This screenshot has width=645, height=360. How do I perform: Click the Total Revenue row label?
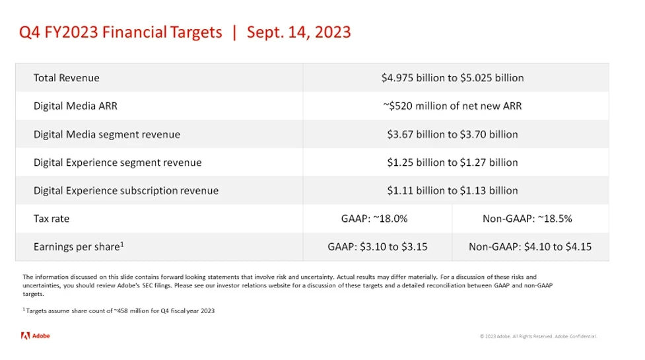(x=67, y=78)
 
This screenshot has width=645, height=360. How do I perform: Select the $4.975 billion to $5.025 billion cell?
(x=452, y=78)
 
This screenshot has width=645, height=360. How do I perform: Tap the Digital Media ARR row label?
(x=75, y=106)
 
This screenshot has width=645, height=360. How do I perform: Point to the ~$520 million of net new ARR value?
(x=452, y=106)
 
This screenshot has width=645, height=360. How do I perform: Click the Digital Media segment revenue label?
(x=107, y=134)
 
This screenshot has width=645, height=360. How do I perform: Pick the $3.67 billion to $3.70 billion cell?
(x=452, y=134)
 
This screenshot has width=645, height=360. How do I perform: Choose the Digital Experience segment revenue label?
(x=118, y=162)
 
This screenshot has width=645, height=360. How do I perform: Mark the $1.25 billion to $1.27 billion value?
(x=452, y=162)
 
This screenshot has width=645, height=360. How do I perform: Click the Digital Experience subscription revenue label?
(x=126, y=190)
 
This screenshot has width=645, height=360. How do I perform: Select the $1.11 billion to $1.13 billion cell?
(x=452, y=190)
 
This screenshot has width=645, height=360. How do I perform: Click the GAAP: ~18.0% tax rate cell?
(x=374, y=219)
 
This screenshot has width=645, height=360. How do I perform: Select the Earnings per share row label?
(x=79, y=247)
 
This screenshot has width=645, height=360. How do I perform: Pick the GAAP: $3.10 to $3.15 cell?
(x=378, y=247)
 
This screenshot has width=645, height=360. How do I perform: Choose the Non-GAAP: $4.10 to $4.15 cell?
(x=530, y=247)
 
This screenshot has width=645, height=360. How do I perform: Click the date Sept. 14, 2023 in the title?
(x=299, y=32)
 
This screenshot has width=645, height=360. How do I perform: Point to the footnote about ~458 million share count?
(x=119, y=310)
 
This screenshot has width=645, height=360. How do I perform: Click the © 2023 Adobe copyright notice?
(x=538, y=337)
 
